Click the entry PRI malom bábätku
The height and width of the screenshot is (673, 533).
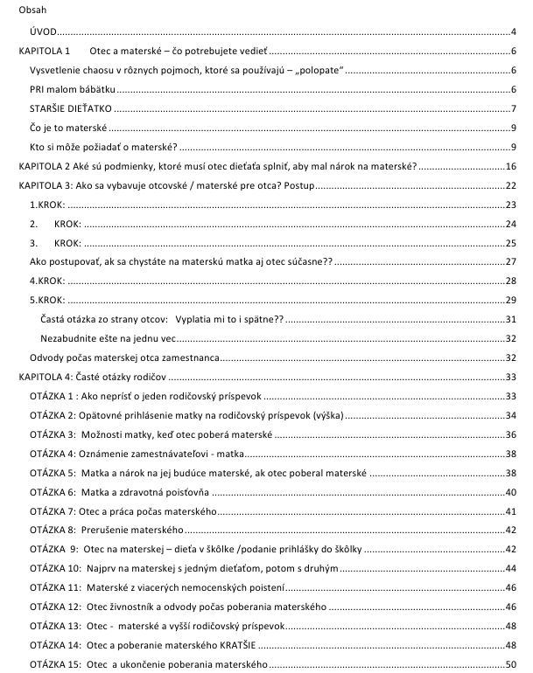[x=72, y=89]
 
